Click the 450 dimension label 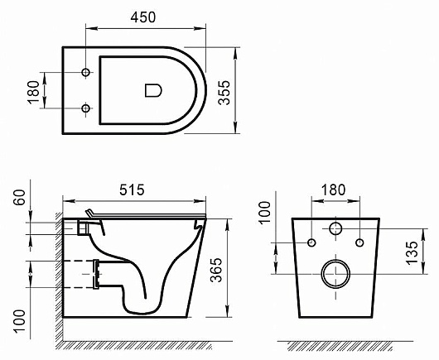point(142,17)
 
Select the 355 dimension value point(224,93)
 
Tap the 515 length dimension point(132,190)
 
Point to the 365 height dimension point(216,270)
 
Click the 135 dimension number point(412,253)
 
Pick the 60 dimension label point(20,197)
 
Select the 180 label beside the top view point(33,93)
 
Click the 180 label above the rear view point(333,190)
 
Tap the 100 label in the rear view point(265,213)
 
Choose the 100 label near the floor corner point(20,321)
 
